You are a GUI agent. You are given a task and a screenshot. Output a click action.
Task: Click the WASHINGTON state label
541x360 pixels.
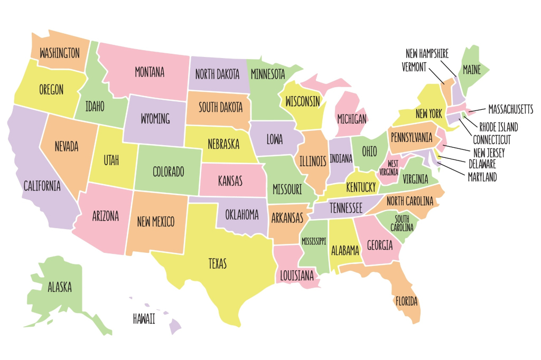click(x=60, y=53)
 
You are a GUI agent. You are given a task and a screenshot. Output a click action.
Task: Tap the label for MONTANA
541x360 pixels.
click(x=150, y=72)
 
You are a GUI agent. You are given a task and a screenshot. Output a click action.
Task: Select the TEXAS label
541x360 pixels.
click(x=218, y=262)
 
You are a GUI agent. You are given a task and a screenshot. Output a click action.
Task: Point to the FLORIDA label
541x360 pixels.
click(x=406, y=301)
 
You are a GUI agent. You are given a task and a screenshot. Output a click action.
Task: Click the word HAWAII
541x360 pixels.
click(x=144, y=319)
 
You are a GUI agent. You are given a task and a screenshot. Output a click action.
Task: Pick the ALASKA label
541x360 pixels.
click(x=60, y=288)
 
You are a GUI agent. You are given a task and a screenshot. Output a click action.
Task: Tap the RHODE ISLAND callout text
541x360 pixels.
click(x=498, y=127)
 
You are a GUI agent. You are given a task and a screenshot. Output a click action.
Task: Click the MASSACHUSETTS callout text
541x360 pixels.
click(x=510, y=109)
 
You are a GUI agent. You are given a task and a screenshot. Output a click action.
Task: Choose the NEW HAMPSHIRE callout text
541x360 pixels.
click(x=427, y=54)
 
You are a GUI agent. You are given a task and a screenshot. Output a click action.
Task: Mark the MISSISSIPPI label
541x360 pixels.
click(x=314, y=241)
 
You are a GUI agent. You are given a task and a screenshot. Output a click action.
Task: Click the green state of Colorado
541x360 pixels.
click(x=168, y=172)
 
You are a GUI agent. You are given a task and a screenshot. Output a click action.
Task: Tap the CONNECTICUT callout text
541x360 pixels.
click(x=492, y=140)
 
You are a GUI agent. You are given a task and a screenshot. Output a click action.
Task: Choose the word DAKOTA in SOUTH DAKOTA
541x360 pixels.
click(x=231, y=107)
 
